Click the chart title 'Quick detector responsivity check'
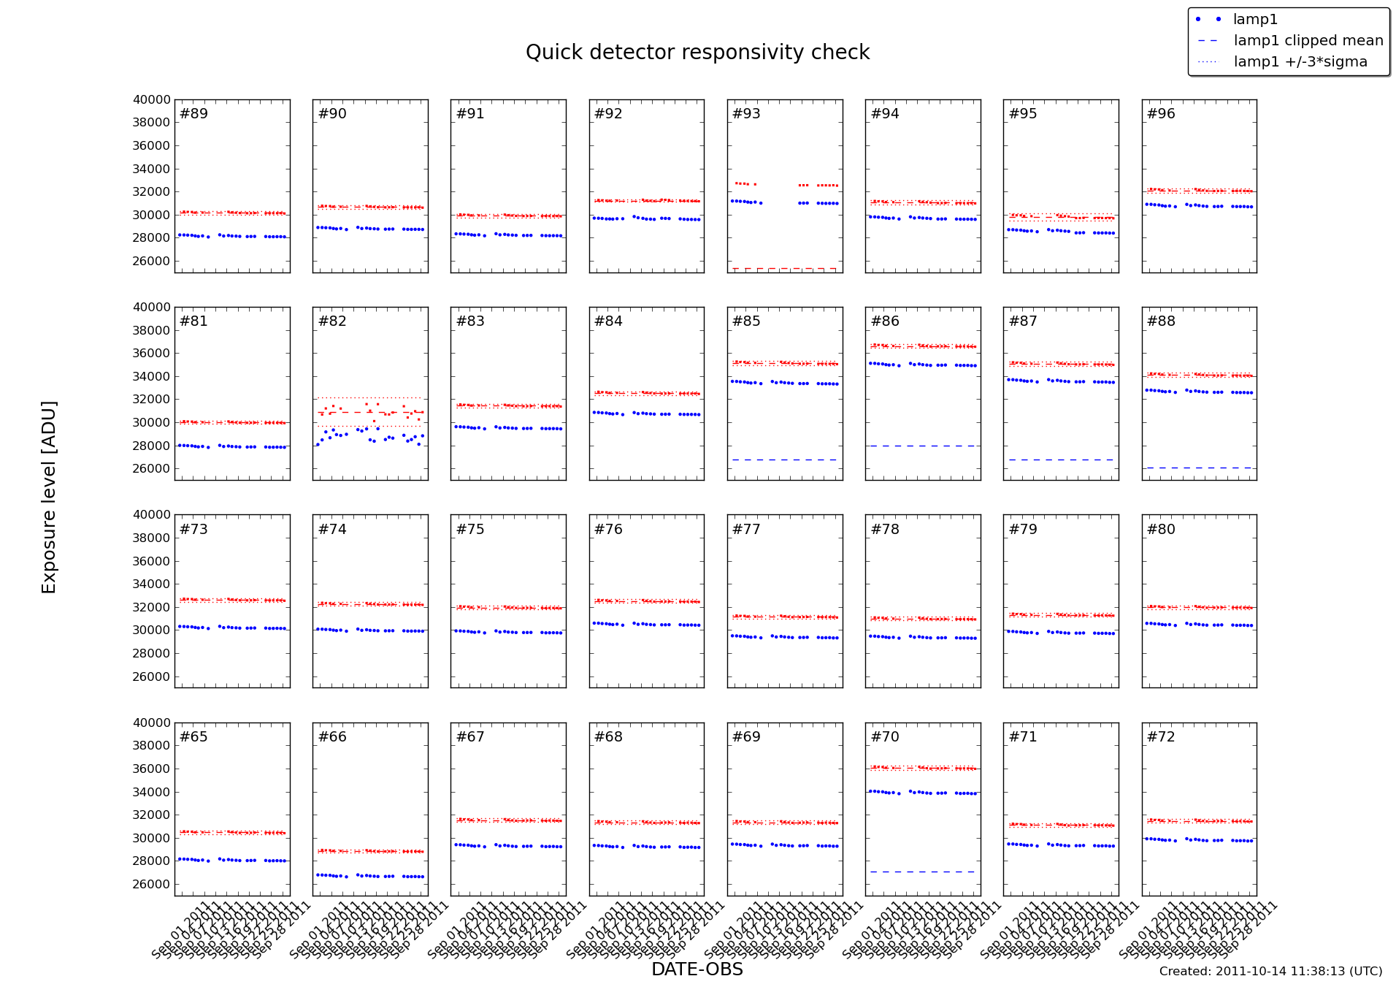697,53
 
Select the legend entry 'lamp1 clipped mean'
1308,41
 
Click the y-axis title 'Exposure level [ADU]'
49,497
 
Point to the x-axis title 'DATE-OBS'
697,969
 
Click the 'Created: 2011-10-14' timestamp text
1270,972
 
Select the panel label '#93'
746,114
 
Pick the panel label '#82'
332,321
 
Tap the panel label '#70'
885,737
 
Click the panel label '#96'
1161,114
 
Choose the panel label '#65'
193,737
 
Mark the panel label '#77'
746,530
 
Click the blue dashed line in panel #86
923,446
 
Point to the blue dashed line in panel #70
923,872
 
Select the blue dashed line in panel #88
1199,468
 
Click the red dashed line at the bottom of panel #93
785,269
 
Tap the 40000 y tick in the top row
152,100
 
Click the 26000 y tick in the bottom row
152,885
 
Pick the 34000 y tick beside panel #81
152,377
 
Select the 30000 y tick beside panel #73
152,630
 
